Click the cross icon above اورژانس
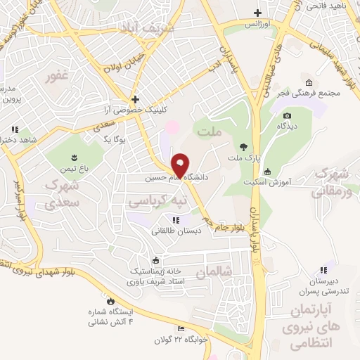258,13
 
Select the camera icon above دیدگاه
286,116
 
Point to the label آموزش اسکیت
290,181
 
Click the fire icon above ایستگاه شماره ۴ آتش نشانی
109,302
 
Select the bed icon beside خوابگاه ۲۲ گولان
181,329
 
